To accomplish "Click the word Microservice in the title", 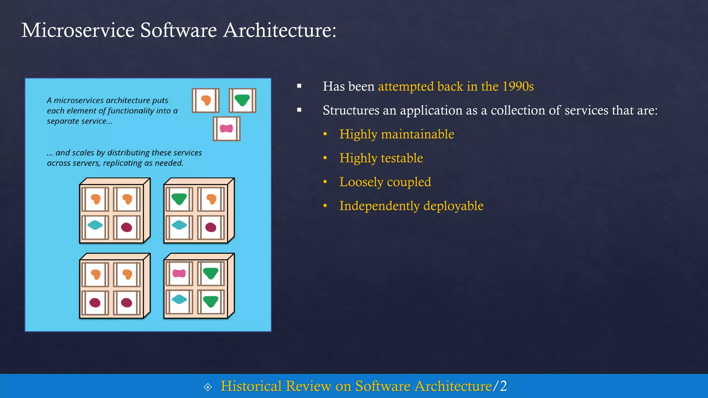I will click(x=78, y=30).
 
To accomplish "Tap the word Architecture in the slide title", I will click(x=279, y=30).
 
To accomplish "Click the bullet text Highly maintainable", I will click(x=397, y=134).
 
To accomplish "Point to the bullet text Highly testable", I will click(x=381, y=158).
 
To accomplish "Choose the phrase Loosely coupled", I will click(x=385, y=182).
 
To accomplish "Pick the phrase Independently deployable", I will click(x=411, y=206).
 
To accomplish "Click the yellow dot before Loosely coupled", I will click(x=325, y=182).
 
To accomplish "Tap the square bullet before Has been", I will click(x=299, y=86).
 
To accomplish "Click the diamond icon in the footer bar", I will click(x=208, y=387).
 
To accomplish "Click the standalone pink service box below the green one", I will click(x=226, y=129).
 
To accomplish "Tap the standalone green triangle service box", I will click(x=242, y=101).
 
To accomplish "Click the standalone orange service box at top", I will click(x=206, y=101).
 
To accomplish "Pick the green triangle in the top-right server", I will click(x=179, y=199).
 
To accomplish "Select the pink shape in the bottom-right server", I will click(x=179, y=274).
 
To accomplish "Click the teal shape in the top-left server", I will click(x=95, y=226).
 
